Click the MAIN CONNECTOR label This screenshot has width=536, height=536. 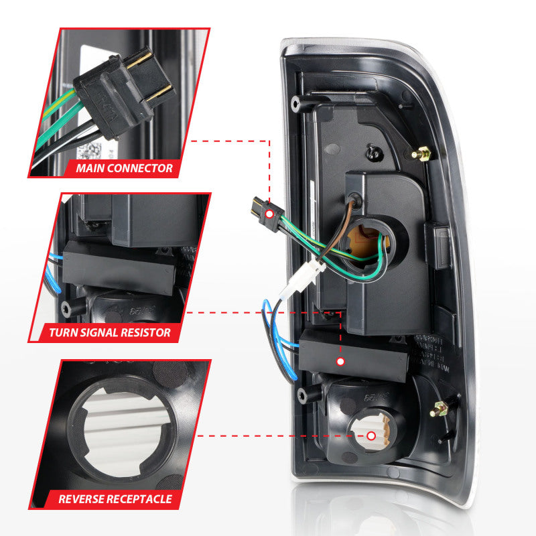tap(124, 167)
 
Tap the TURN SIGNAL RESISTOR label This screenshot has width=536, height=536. tap(109, 332)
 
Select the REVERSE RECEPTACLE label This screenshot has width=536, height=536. tap(115, 498)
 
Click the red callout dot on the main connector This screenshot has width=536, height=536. tap(269, 214)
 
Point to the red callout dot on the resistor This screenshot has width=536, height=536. tap(340, 362)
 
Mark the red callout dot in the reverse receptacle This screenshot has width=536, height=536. tap(371, 436)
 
